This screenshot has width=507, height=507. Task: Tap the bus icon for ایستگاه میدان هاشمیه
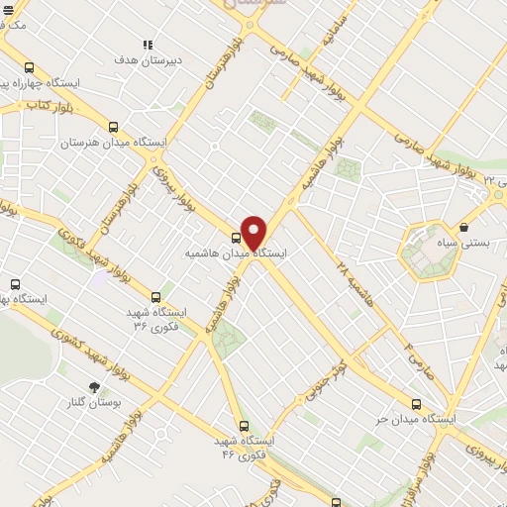tap(236, 238)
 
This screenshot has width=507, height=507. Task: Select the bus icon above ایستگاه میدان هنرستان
tap(113, 127)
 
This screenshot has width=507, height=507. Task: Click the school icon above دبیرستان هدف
tap(147, 45)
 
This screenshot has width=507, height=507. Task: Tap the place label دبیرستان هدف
tap(138, 59)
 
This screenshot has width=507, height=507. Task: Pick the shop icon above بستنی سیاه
tap(463, 228)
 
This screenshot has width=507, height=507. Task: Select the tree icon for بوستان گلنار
tap(95, 387)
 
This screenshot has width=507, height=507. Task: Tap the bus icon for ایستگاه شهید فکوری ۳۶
tap(155, 296)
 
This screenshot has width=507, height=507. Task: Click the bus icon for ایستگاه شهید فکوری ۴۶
tap(244, 426)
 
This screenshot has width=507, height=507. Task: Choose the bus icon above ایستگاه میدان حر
tap(416, 404)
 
